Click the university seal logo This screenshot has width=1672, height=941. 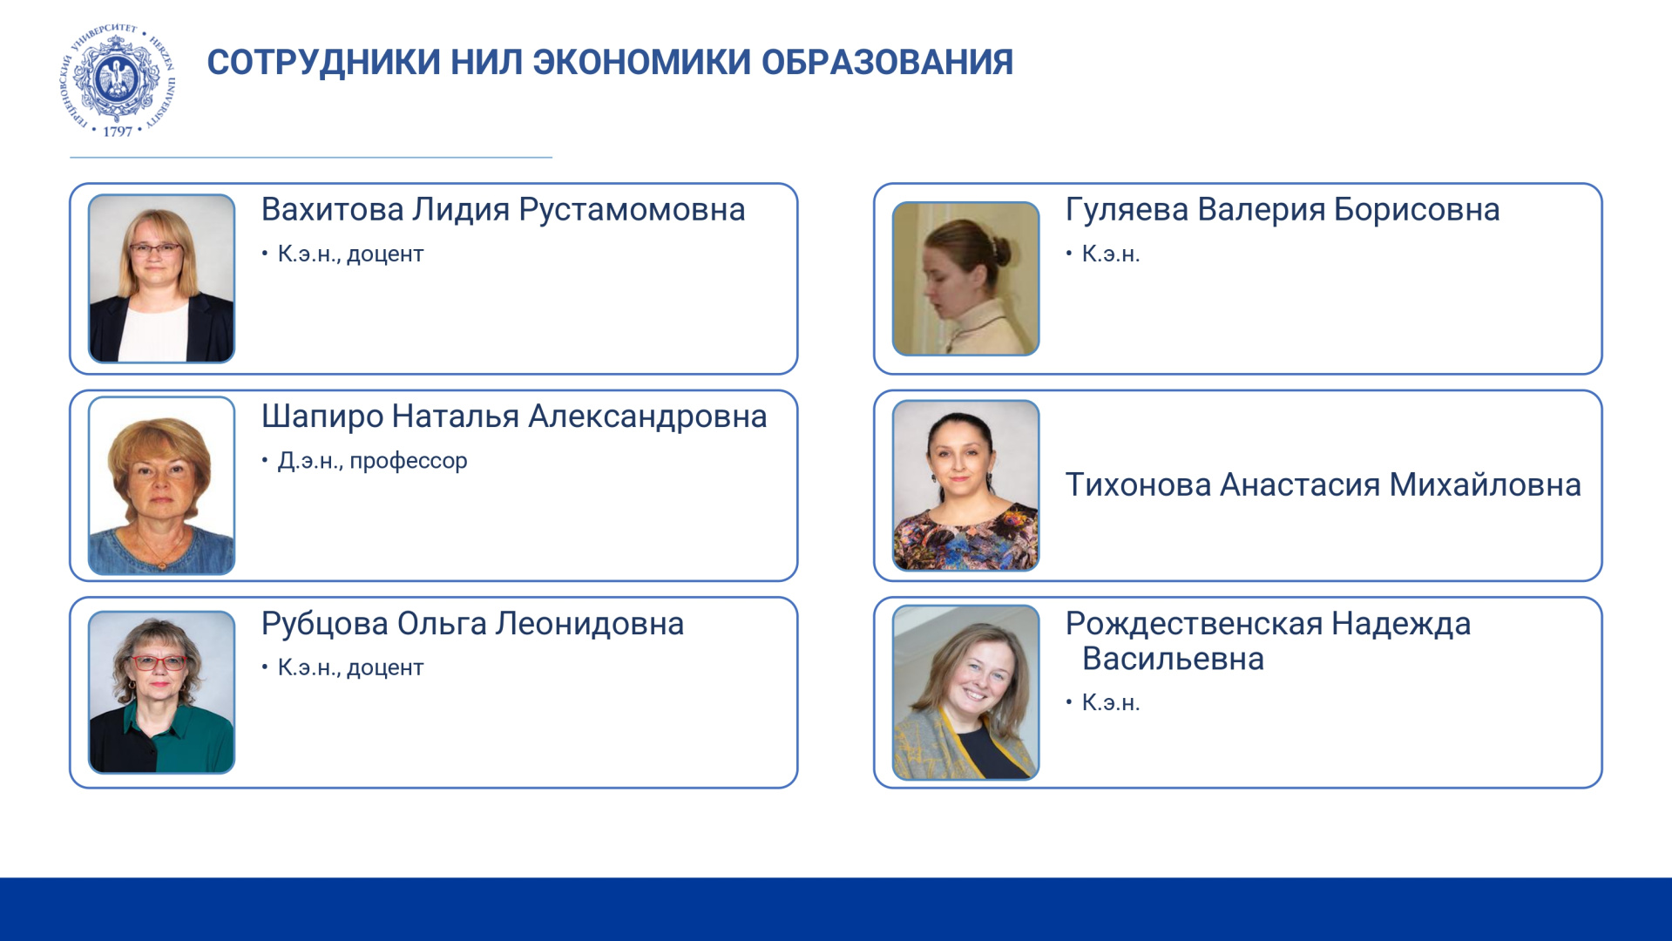118,80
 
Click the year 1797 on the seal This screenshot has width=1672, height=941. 118,132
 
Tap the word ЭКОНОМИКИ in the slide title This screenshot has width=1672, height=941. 641,63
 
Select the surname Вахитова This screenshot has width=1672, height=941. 332,210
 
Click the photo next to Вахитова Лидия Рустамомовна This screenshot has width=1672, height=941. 161,278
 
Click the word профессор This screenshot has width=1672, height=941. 408,461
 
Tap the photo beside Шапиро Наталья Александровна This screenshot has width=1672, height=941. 161,485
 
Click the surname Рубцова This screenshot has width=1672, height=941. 324,624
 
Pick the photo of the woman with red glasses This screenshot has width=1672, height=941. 161,692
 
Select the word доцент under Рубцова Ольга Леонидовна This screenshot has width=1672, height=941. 385,668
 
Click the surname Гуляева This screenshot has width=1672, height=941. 1127,210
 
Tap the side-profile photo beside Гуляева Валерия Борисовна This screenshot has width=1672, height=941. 965,279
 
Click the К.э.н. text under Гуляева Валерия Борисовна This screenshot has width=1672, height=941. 1110,254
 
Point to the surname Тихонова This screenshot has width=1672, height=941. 1138,485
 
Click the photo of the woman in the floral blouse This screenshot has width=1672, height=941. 965,485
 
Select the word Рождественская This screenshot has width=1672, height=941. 1194,624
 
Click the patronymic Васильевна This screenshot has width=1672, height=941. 1173,660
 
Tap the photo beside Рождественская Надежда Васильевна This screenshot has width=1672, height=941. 965,693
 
